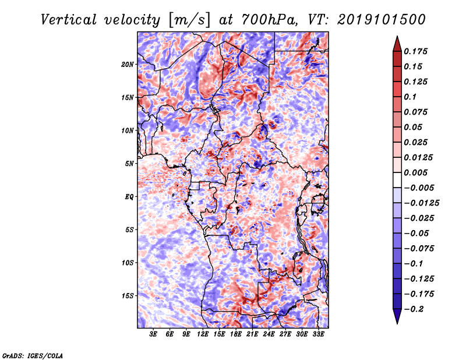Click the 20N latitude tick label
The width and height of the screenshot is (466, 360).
128,64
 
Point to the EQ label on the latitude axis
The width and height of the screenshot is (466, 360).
130,197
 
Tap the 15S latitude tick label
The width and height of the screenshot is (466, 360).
128,296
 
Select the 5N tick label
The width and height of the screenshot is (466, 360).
129,164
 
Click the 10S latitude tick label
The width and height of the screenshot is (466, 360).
128,263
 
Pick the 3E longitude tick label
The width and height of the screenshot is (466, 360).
154,334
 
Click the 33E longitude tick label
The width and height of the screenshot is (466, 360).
318,334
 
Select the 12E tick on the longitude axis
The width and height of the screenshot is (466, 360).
203,334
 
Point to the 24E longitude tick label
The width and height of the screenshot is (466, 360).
269,334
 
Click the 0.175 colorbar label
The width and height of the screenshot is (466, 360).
416,51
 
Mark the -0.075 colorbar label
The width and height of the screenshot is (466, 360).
419,249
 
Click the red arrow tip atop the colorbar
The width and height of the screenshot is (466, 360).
397,41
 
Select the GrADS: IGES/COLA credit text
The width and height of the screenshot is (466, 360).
33,355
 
